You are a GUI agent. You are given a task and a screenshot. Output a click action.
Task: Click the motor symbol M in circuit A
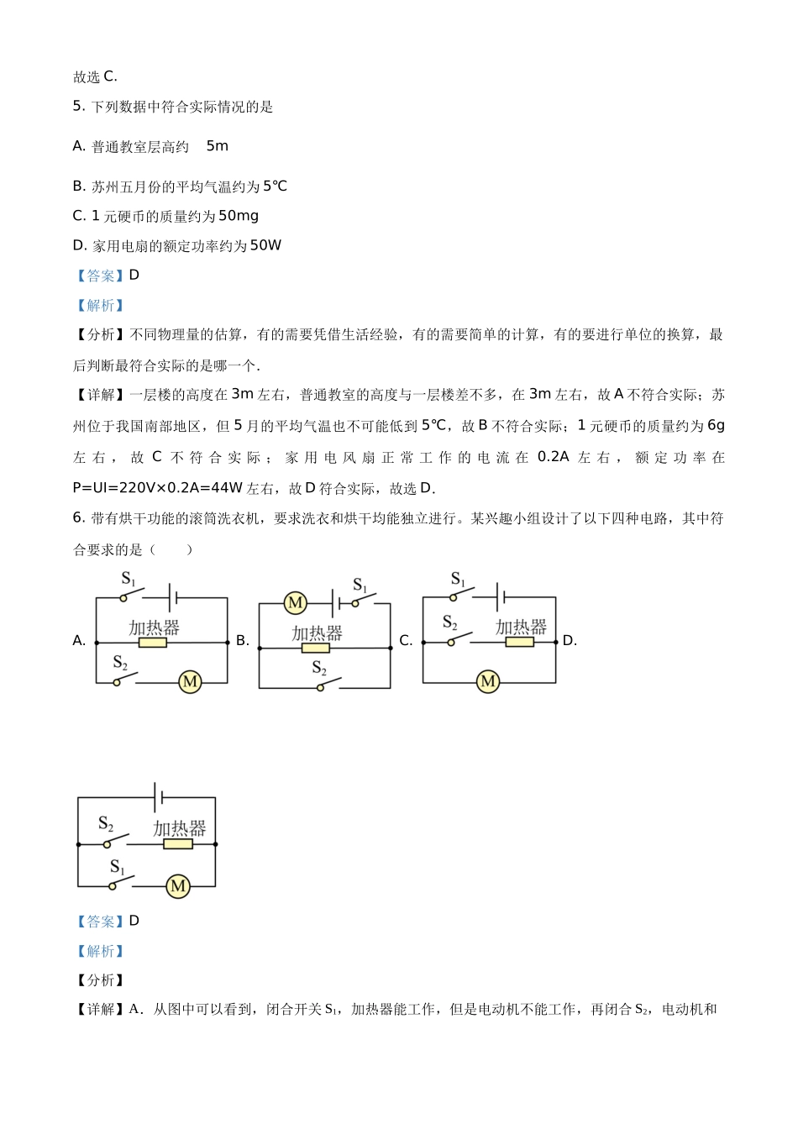[191, 682]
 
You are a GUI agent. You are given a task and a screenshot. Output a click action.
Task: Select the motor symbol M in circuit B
[295, 603]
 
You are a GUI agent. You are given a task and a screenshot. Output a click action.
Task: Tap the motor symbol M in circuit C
[488, 681]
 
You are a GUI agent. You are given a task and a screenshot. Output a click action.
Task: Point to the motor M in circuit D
[178, 886]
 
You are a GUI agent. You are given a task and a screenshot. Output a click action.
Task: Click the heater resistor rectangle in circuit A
[153, 643]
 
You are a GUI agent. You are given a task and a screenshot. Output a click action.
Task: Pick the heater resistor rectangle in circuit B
[316, 648]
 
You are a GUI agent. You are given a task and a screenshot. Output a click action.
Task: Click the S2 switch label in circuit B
[319, 668]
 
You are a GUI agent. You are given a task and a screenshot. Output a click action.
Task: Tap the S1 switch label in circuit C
[458, 579]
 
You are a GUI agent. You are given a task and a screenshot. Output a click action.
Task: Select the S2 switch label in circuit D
[106, 823]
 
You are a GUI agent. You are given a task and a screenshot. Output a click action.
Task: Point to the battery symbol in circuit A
[173, 598]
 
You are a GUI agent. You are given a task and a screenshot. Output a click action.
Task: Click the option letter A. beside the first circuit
[80, 641]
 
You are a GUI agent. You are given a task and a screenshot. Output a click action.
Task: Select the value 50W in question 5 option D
[265, 245]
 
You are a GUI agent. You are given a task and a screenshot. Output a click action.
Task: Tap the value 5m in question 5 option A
[217, 146]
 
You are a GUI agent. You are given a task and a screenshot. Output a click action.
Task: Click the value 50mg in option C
[239, 216]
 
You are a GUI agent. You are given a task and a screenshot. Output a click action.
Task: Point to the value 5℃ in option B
[275, 186]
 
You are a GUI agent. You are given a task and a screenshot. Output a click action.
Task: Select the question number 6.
[78, 518]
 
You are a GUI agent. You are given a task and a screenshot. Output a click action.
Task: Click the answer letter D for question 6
[134, 921]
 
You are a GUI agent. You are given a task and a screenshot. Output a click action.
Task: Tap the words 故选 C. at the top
[95, 77]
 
